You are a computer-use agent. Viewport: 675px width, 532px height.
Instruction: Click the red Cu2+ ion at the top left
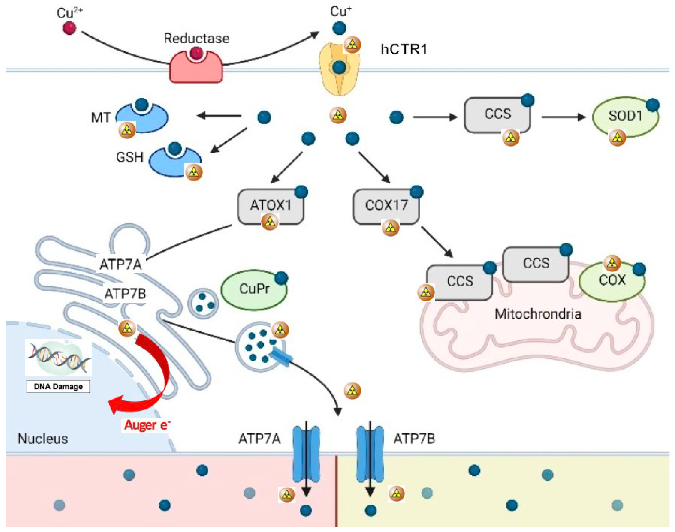(x=69, y=28)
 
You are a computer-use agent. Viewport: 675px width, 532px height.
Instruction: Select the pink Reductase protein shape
(x=196, y=70)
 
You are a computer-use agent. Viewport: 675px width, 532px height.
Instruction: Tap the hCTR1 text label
(x=404, y=50)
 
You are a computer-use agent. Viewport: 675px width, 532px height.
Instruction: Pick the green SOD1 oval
(x=625, y=117)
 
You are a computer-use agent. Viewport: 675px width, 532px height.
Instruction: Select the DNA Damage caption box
(x=58, y=387)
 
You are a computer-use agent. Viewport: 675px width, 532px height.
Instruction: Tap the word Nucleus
(x=43, y=439)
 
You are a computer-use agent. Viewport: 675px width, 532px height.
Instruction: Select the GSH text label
(x=130, y=157)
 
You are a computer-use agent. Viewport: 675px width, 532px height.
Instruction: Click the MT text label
(x=100, y=118)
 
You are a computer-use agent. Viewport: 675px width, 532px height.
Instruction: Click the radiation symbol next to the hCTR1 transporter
(x=352, y=45)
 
